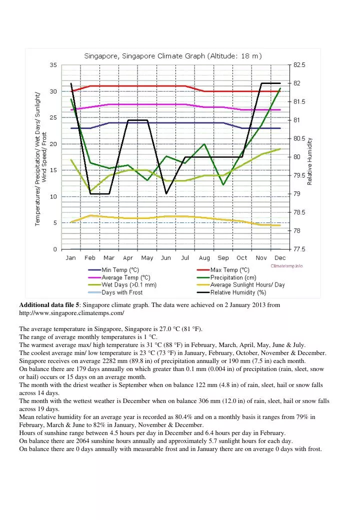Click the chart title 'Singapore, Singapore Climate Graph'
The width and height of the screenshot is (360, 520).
(x=173, y=55)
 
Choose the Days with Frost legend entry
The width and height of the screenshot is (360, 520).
(x=122, y=292)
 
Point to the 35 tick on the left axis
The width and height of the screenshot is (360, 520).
(x=53, y=65)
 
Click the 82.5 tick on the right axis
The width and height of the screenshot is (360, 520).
(x=298, y=65)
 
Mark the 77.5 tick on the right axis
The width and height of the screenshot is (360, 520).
(x=298, y=249)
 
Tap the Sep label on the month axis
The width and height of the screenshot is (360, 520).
(x=223, y=258)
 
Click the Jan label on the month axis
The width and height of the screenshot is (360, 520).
(x=71, y=258)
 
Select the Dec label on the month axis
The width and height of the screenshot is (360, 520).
(x=280, y=258)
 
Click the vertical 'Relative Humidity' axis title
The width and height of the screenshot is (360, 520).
(x=310, y=161)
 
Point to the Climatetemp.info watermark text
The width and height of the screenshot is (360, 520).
(x=286, y=266)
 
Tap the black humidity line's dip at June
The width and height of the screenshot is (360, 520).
(x=166, y=193)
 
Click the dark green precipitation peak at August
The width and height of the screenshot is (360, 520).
(x=204, y=144)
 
